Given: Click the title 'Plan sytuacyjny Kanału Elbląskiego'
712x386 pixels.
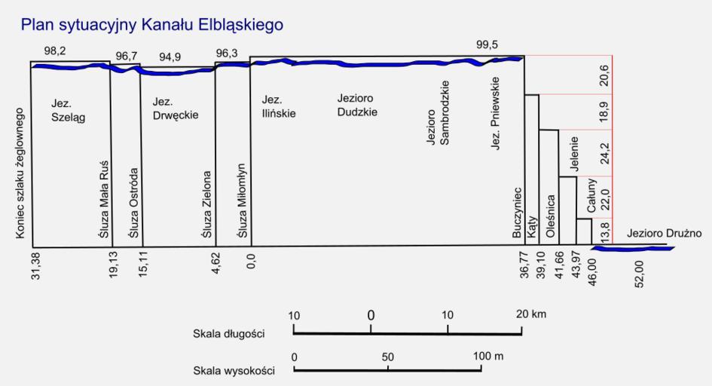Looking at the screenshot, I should [x=152, y=26].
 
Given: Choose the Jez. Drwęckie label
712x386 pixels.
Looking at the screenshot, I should [x=174, y=109].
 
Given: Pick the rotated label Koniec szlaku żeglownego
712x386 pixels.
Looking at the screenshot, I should [x=20, y=175].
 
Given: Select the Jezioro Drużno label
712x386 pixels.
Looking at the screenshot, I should [x=664, y=234].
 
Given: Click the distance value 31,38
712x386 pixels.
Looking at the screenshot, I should [x=35, y=267].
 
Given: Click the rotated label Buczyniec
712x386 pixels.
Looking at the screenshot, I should [x=517, y=213].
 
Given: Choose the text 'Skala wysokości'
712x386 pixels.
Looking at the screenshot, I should [x=232, y=370].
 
